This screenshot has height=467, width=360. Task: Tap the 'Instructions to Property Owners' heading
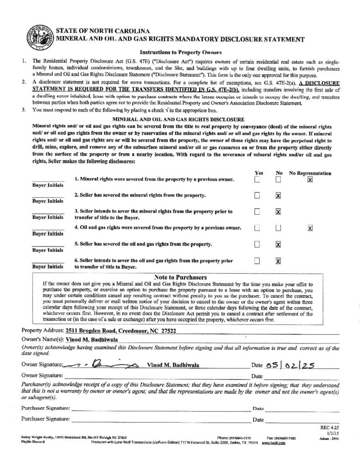[x=180, y=53]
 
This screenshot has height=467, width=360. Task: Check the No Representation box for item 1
[x=310, y=180]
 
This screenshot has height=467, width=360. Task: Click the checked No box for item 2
[x=278, y=196]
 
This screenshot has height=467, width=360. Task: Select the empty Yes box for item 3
[x=257, y=212]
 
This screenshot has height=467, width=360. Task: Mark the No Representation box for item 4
[x=310, y=228]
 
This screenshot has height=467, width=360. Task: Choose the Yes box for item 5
[x=257, y=244]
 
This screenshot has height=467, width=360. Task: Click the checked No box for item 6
[x=278, y=261]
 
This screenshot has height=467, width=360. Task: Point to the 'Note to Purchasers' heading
[x=180, y=277]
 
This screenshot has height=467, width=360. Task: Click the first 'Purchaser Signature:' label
[x=46, y=408]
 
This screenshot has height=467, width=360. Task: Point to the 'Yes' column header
[x=259, y=173]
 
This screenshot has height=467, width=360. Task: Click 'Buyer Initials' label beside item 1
[x=48, y=185]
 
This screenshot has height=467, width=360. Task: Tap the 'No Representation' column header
[x=310, y=173]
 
